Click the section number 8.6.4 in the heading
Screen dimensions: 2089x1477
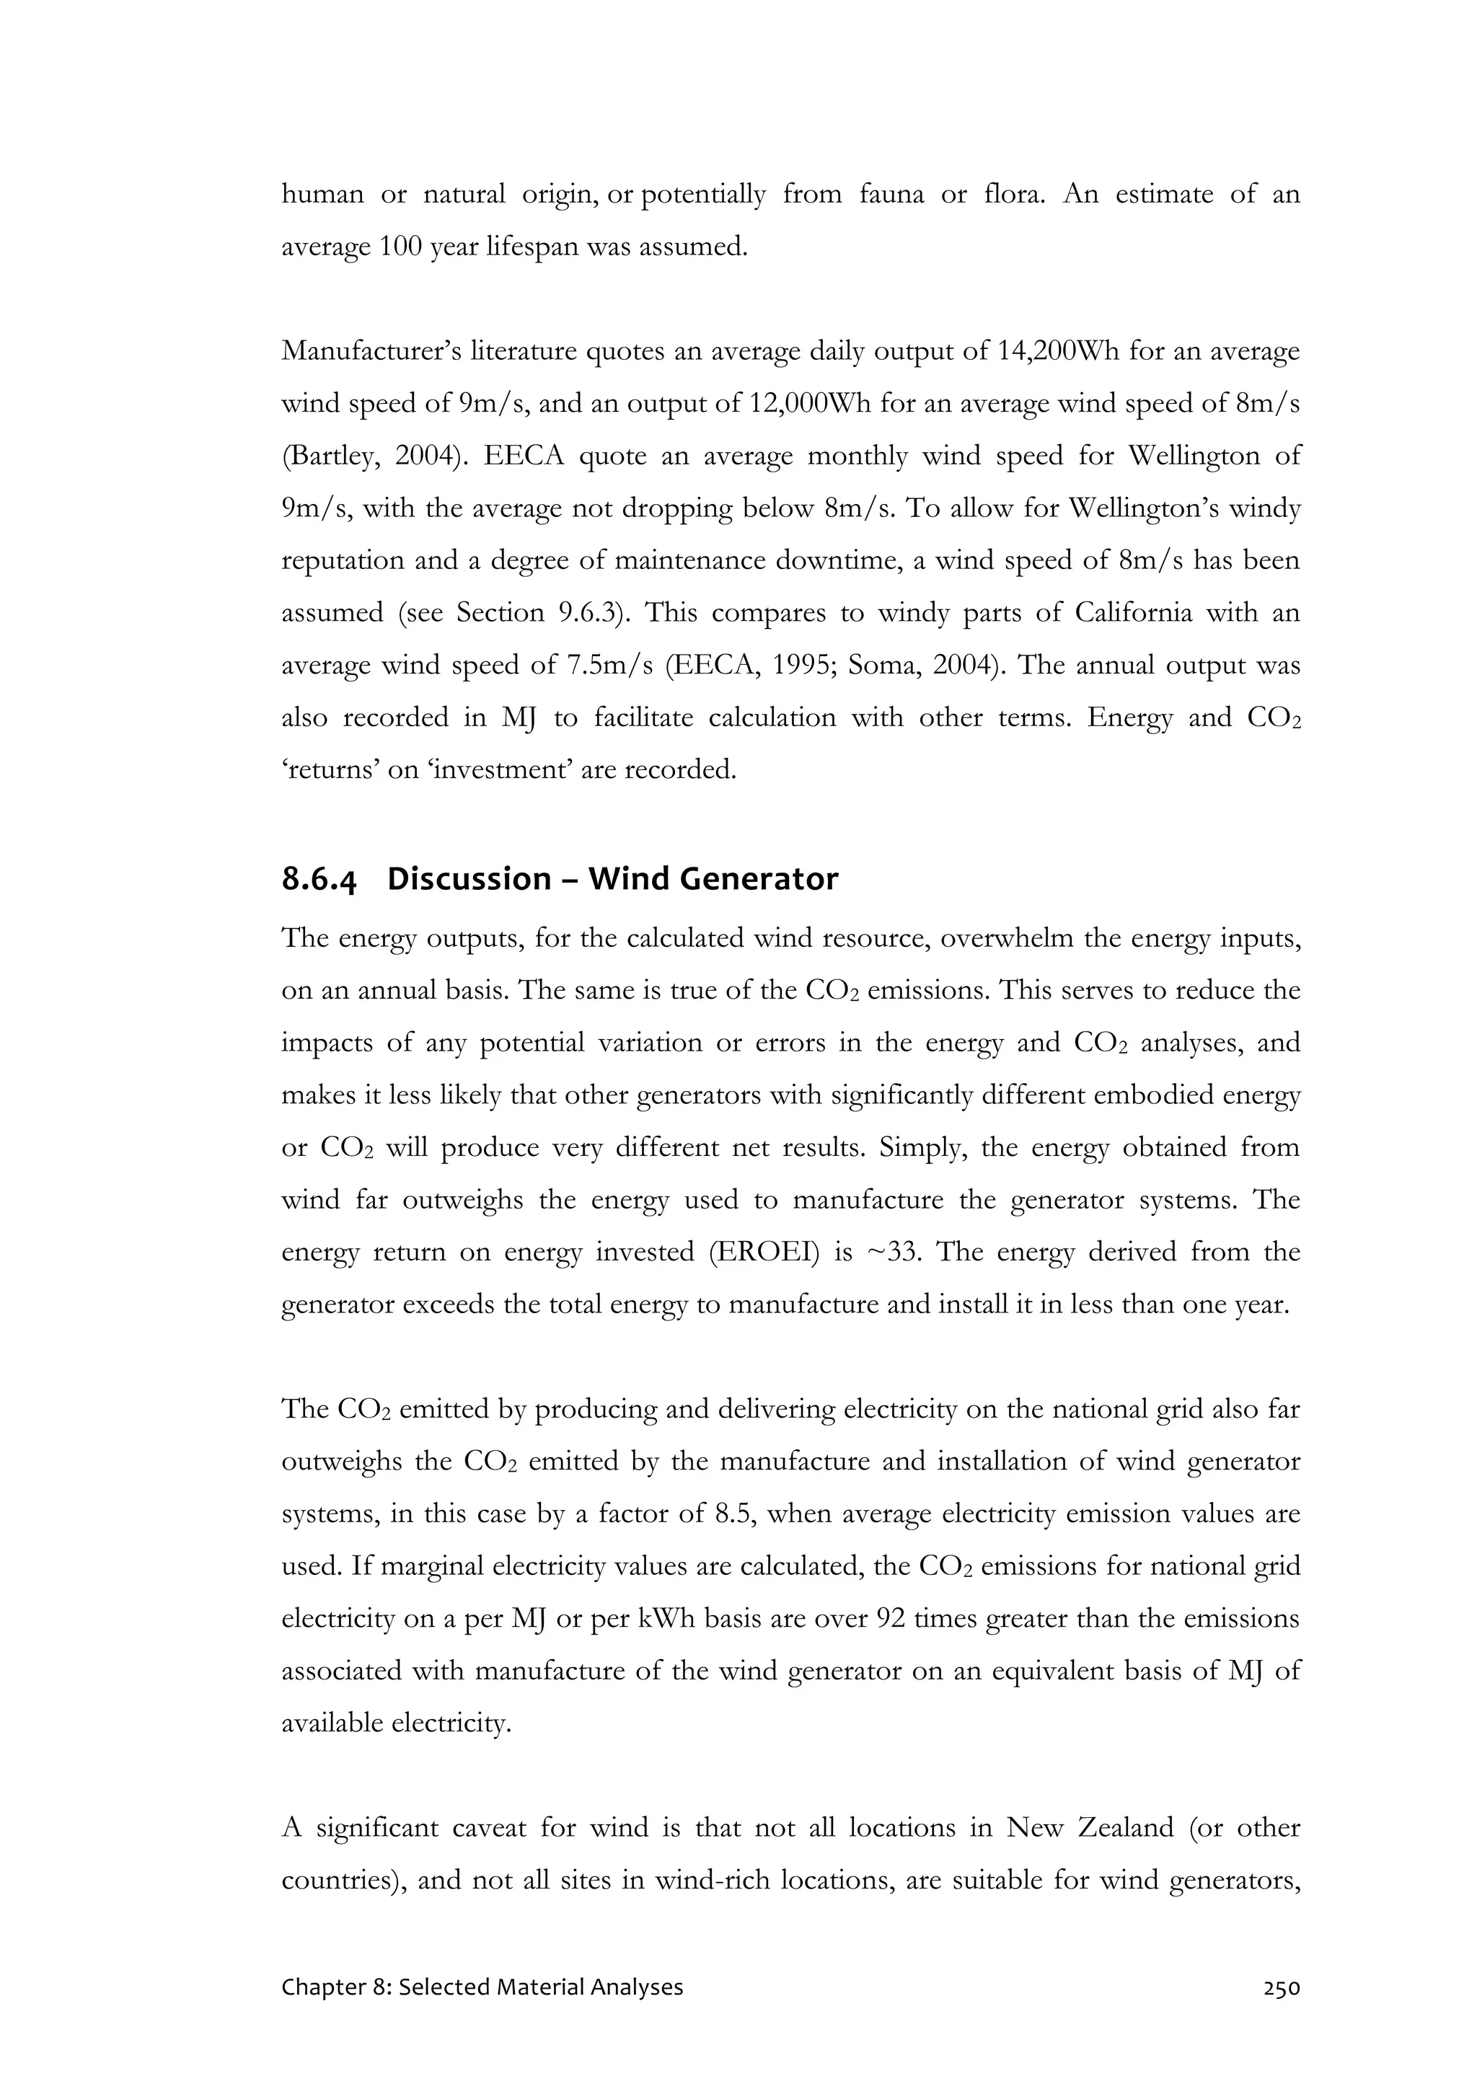319,880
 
